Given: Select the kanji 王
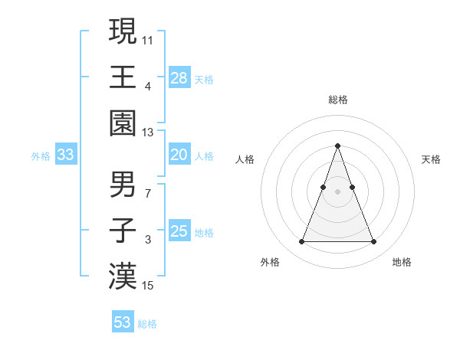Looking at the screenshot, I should point(123,77).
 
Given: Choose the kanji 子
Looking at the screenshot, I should point(123,230).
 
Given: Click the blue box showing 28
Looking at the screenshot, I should point(179,78).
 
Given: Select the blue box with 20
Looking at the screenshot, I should point(179,155).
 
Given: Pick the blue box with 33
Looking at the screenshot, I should point(66,155).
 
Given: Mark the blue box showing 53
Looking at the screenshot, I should point(123,322).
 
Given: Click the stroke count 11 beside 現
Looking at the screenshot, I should point(149,39).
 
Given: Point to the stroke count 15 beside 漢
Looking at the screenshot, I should point(149,286).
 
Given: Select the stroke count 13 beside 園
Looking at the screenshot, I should point(149,133).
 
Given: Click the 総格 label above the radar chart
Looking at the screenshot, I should point(337,100).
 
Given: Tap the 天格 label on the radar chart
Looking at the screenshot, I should point(432,159).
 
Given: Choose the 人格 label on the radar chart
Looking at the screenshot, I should point(245,159).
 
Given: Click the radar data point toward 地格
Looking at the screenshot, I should point(373,242).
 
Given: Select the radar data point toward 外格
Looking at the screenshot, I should point(301,242).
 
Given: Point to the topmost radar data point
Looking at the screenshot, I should point(337,146).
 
